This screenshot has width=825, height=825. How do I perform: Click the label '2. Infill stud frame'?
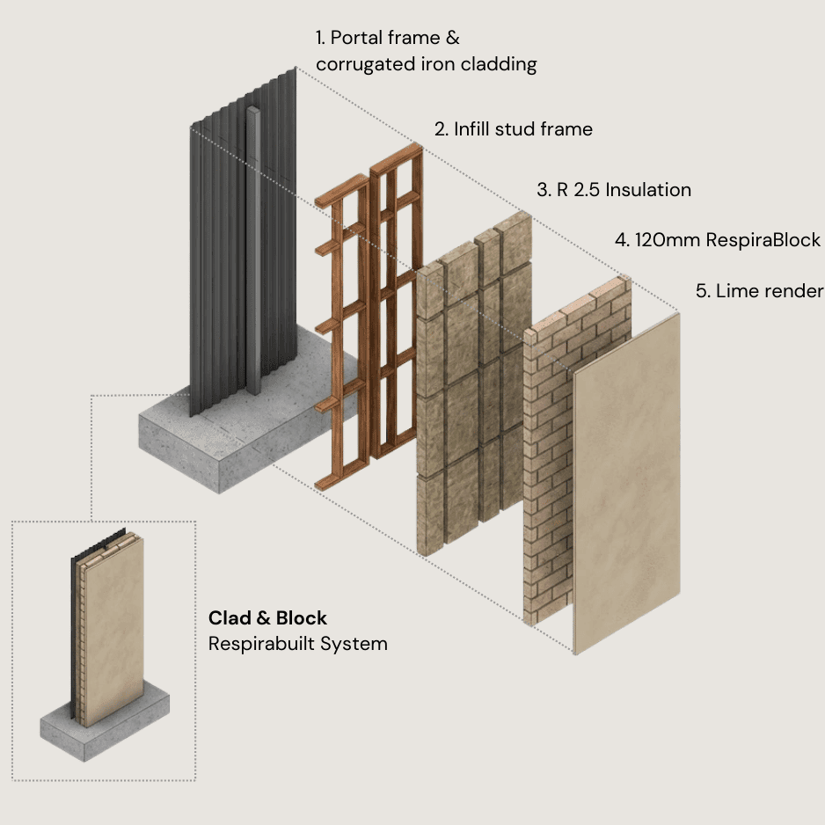[x=513, y=129]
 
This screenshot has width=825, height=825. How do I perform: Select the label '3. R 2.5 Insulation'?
[x=614, y=190]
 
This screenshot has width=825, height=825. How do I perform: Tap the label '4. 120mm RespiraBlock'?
[x=717, y=240]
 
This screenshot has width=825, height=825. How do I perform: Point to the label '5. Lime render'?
[x=759, y=291]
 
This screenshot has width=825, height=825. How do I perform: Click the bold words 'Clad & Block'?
[x=267, y=617]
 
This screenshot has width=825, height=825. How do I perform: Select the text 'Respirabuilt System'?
[x=297, y=644]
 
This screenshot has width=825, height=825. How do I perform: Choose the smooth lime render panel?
[x=626, y=493]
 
